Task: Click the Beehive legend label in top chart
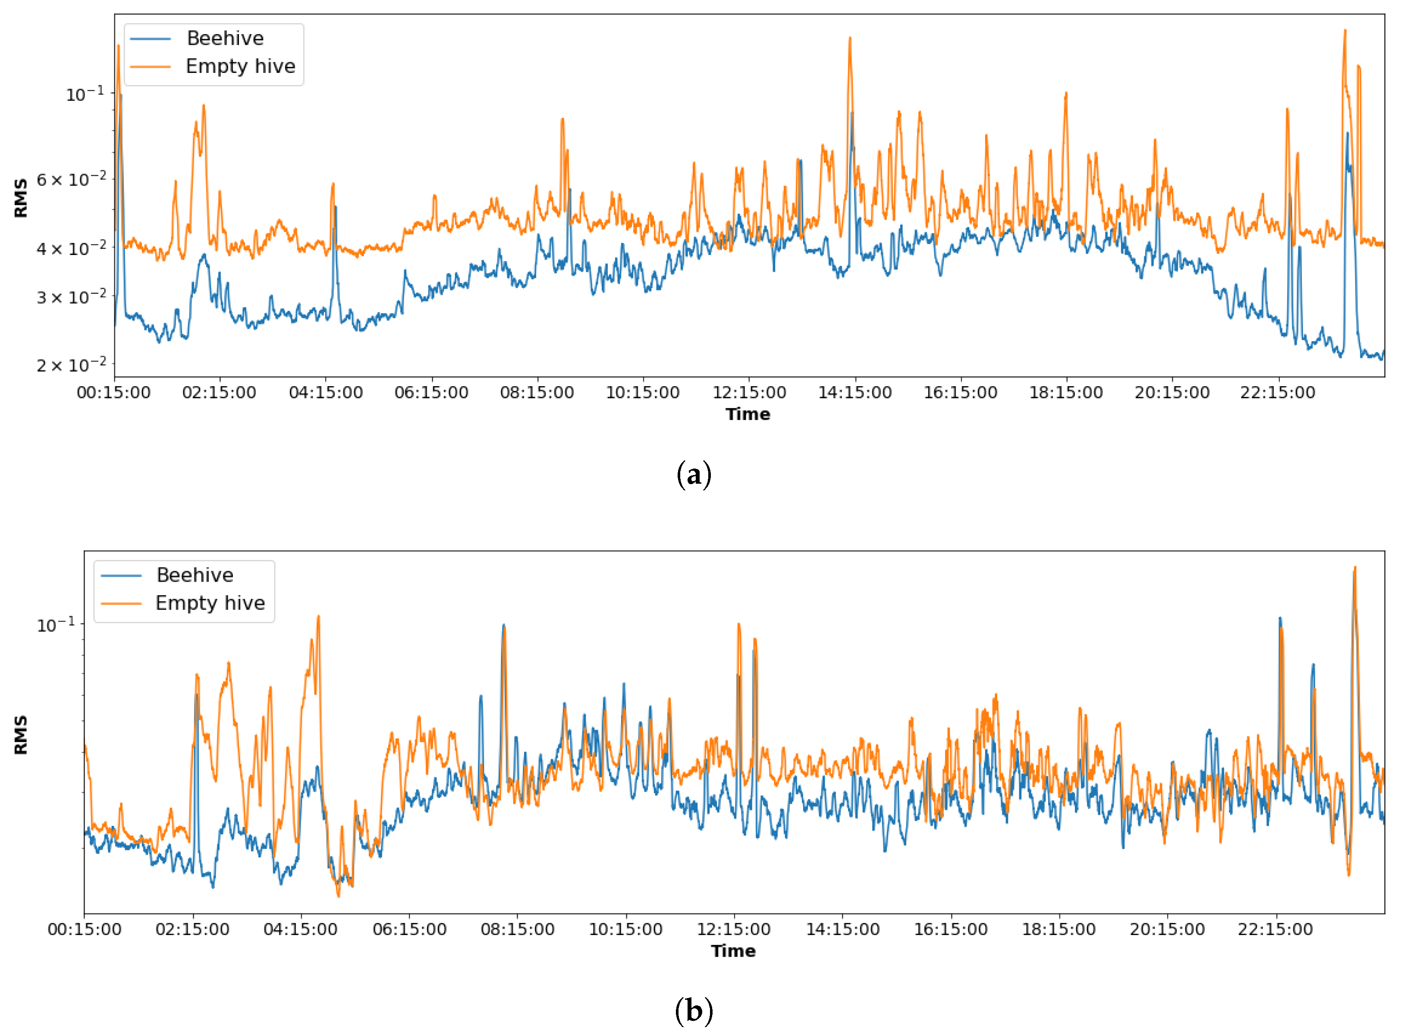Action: (x=225, y=38)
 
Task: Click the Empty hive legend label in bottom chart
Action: (x=210, y=603)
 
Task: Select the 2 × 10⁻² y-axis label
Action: (x=71, y=365)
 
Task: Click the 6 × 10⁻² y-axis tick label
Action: (x=71, y=180)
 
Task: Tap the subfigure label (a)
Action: (x=694, y=475)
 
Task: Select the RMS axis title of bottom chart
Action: (x=21, y=734)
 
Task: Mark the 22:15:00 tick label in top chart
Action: (x=1278, y=393)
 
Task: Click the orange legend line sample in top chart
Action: (x=151, y=66)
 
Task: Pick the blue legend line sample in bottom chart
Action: (x=121, y=575)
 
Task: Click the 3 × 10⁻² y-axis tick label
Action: (x=71, y=296)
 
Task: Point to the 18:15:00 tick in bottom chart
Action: (x=1059, y=914)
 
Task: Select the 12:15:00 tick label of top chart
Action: (x=749, y=393)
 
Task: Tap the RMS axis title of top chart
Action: (x=21, y=198)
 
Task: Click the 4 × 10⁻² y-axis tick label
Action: (x=71, y=249)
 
